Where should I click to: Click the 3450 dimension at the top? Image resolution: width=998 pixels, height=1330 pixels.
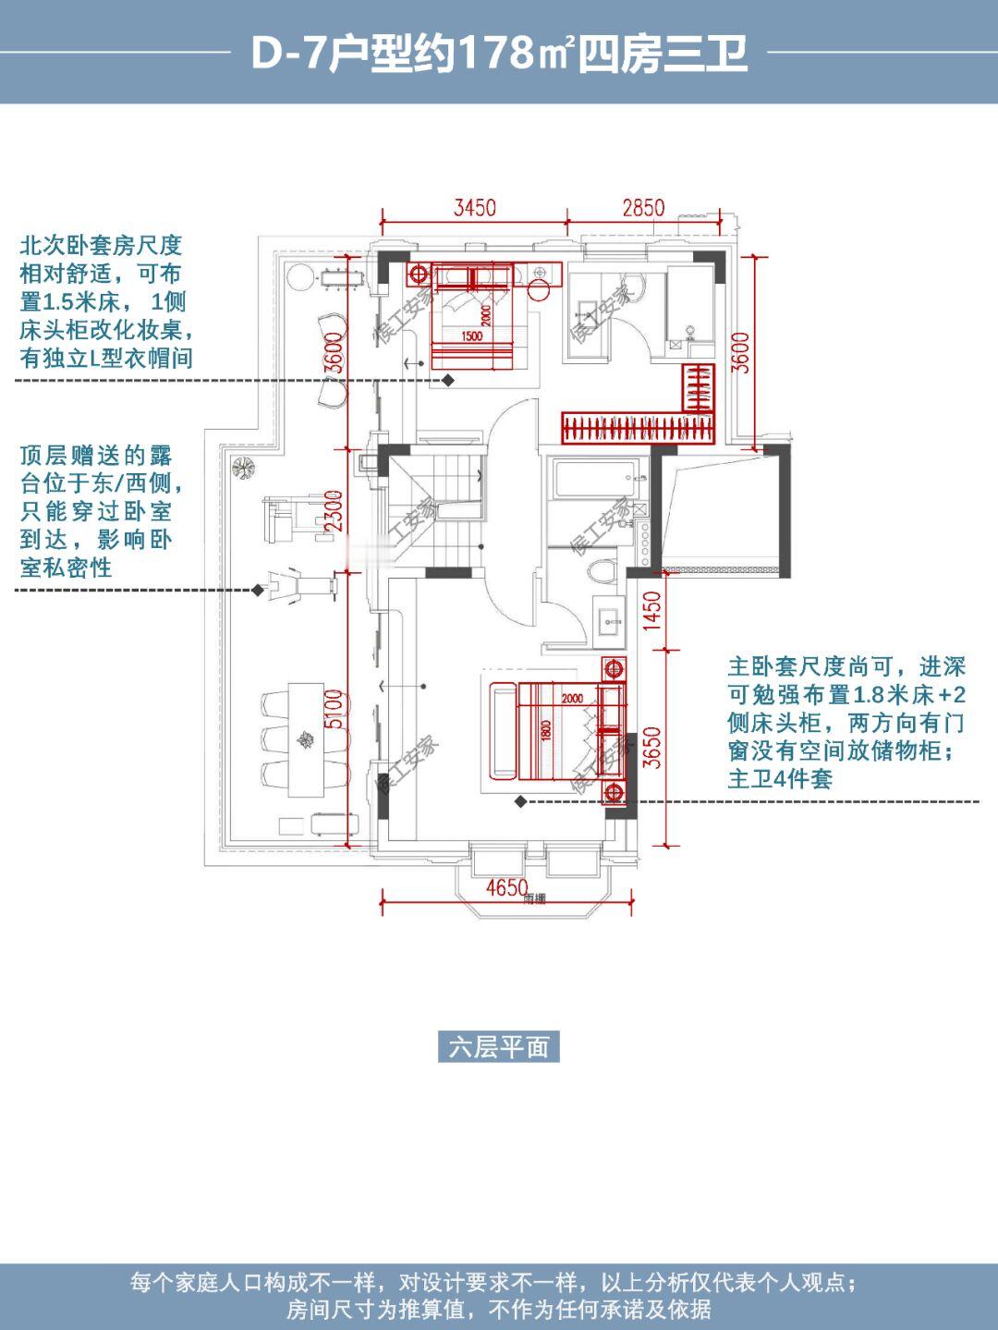point(474,208)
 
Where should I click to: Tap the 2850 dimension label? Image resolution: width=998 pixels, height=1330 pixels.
point(643,208)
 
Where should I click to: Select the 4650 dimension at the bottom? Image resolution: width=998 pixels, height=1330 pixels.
point(507,888)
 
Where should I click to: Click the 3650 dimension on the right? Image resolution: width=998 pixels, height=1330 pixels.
point(652,748)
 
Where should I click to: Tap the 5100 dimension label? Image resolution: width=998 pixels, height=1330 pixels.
point(335,709)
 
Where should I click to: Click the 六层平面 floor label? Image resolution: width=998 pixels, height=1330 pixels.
point(499,1046)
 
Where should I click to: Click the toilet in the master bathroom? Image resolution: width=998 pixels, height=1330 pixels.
point(602,570)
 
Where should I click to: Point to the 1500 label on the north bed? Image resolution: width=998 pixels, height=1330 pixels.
point(471,336)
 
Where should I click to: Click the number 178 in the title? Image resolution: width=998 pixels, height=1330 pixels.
point(496,55)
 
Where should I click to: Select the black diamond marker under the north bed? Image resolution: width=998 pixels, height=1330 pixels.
point(448,380)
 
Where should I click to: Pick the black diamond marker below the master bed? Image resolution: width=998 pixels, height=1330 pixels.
point(520,801)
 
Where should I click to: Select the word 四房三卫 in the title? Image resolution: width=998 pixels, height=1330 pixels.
point(662,55)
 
